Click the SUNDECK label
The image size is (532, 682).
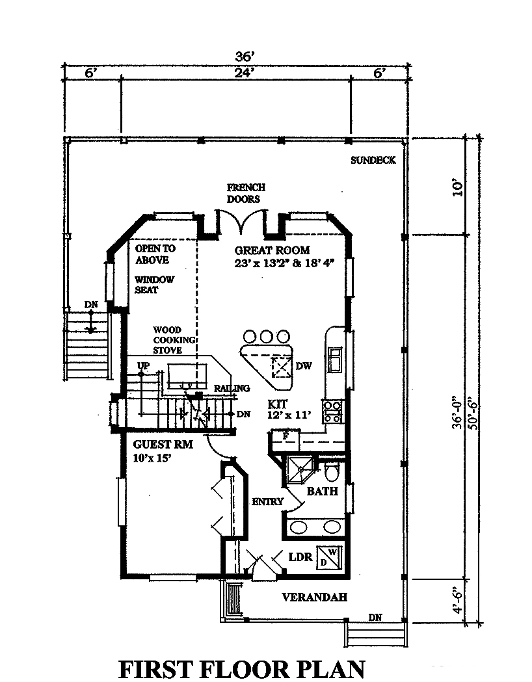373,161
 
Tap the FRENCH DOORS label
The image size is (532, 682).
245,194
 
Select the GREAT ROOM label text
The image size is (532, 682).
273,250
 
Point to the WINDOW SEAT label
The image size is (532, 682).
154,285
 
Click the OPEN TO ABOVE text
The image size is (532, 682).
155,254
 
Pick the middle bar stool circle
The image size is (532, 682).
267,336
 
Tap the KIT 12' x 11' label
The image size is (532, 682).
288,409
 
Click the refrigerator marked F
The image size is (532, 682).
286,436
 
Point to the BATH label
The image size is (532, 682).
323,491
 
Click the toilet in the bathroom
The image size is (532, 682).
332,469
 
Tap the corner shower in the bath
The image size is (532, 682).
300,467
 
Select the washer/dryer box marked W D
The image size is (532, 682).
328,557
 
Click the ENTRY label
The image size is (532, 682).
267,501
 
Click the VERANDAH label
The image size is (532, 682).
314,597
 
